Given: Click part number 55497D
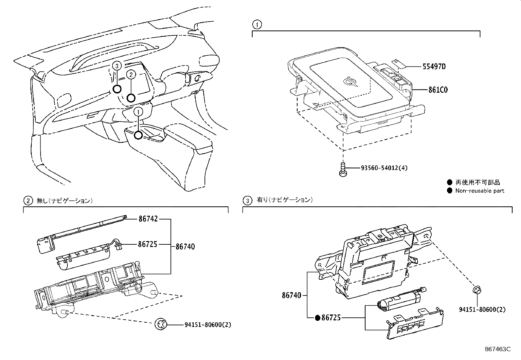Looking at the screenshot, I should pos(434,67).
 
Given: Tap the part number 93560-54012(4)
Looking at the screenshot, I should pos(384,168).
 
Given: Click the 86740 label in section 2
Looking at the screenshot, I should pos(185,246).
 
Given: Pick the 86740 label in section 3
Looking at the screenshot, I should pos(291,295).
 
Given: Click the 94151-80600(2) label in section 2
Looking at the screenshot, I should pos(208,325).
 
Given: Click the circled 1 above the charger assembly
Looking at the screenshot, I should pos(257,24).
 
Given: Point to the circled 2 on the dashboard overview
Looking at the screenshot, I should pos(131,75).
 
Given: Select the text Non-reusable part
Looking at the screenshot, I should pos(479,191).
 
